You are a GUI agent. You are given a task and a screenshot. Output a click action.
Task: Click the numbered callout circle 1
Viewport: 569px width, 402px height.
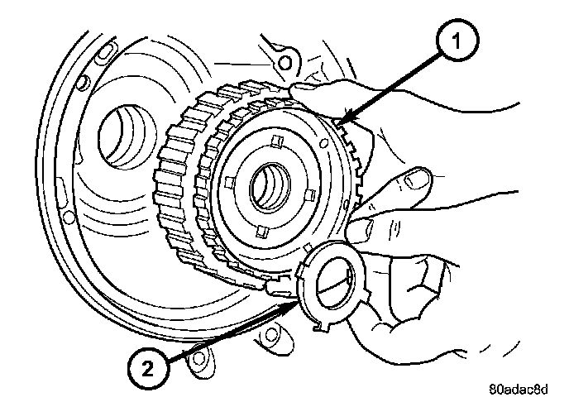[457, 40]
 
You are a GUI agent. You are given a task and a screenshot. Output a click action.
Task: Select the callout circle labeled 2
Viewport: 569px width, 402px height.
[148, 369]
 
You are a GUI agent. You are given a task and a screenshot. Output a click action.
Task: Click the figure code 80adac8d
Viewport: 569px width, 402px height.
[519, 390]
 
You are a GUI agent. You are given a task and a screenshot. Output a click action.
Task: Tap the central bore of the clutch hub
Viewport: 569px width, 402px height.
[270, 187]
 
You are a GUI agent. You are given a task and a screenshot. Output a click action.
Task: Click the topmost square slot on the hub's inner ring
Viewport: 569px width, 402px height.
[278, 141]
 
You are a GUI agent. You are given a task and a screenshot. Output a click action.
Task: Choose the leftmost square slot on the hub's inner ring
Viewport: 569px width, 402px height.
[229, 182]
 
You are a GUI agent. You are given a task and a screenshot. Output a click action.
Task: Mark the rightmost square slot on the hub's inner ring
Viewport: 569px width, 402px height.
[309, 195]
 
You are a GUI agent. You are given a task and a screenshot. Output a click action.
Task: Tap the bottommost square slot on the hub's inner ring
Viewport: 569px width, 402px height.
[262, 232]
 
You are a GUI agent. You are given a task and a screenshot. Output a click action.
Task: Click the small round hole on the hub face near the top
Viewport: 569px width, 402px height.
[323, 144]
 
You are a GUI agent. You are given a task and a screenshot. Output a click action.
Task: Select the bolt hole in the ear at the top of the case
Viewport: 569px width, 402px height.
[284, 63]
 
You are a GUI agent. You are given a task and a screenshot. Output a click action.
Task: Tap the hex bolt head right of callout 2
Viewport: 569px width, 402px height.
[198, 358]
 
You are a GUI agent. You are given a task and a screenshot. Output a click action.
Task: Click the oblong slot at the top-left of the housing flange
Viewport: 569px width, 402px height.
[104, 52]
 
